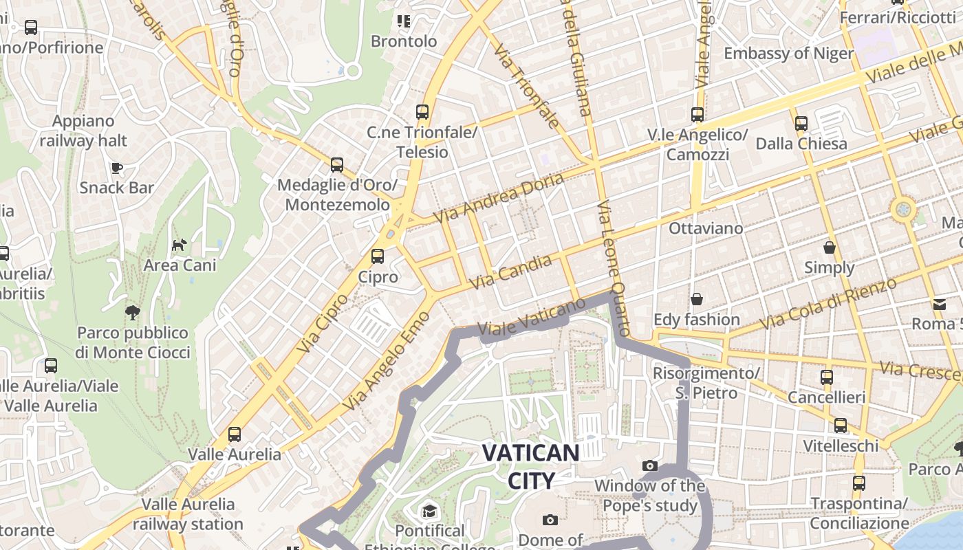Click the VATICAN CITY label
[530, 466]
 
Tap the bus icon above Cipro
[377, 256]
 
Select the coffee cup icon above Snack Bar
[117, 167]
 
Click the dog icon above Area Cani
[180, 245]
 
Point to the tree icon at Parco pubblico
[132, 313]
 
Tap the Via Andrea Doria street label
[499, 197]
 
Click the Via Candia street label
[510, 272]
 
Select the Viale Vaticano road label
[531, 317]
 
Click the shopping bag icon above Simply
[830, 247]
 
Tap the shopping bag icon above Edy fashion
[697, 299]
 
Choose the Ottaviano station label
[706, 228]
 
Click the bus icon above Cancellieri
[827, 377]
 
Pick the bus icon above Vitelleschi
[841, 426]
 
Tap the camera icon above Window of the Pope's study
[650, 465]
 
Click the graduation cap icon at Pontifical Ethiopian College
[430, 511]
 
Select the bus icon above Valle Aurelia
[235, 434]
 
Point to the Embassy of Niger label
[788, 54]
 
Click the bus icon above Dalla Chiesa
[801, 124]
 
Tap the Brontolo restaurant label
[404, 41]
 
